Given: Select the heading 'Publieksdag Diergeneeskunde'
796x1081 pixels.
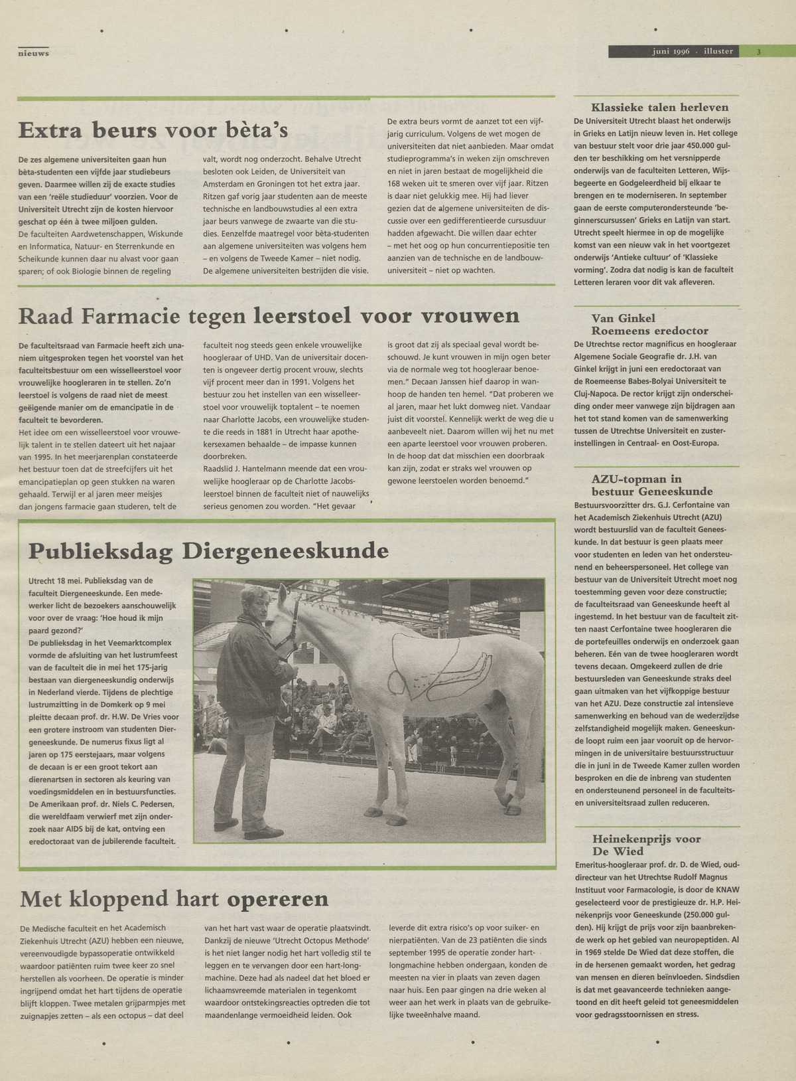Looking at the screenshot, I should coord(208,550).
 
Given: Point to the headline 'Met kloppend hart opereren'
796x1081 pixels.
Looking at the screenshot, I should coord(174,899).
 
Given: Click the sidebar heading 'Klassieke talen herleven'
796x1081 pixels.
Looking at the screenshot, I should coord(660,107).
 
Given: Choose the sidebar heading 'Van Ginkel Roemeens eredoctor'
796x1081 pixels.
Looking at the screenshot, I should coord(650,324).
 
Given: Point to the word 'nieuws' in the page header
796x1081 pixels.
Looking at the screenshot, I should coord(34,53).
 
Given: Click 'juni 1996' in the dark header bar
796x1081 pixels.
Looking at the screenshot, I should coord(671,51).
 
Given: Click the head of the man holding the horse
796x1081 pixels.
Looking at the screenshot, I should coord(256,602).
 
